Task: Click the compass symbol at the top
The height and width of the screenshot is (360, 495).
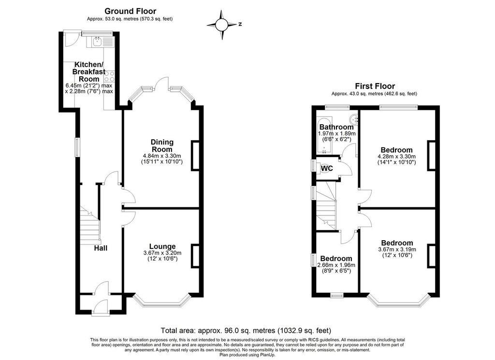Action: coord(222,24)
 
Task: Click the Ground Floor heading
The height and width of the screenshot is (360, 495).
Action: coord(131,11)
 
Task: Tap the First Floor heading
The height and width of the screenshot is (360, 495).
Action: coord(374,86)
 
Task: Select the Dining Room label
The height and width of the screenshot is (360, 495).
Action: coord(162,145)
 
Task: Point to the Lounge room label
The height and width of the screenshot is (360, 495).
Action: coord(162,246)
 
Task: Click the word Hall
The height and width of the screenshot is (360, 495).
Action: coord(101,248)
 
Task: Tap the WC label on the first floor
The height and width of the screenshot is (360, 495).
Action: coord(327,169)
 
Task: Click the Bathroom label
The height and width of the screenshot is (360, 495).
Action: coord(336,127)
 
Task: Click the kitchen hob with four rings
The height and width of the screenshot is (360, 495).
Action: coord(109,76)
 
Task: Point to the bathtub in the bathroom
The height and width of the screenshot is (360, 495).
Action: coord(322,135)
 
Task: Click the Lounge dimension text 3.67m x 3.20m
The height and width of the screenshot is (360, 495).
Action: coord(162,253)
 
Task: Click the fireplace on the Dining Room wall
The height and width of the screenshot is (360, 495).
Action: coord(196,156)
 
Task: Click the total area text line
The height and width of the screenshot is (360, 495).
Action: coord(246,331)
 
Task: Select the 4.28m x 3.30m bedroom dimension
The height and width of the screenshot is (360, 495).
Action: coord(396,156)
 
